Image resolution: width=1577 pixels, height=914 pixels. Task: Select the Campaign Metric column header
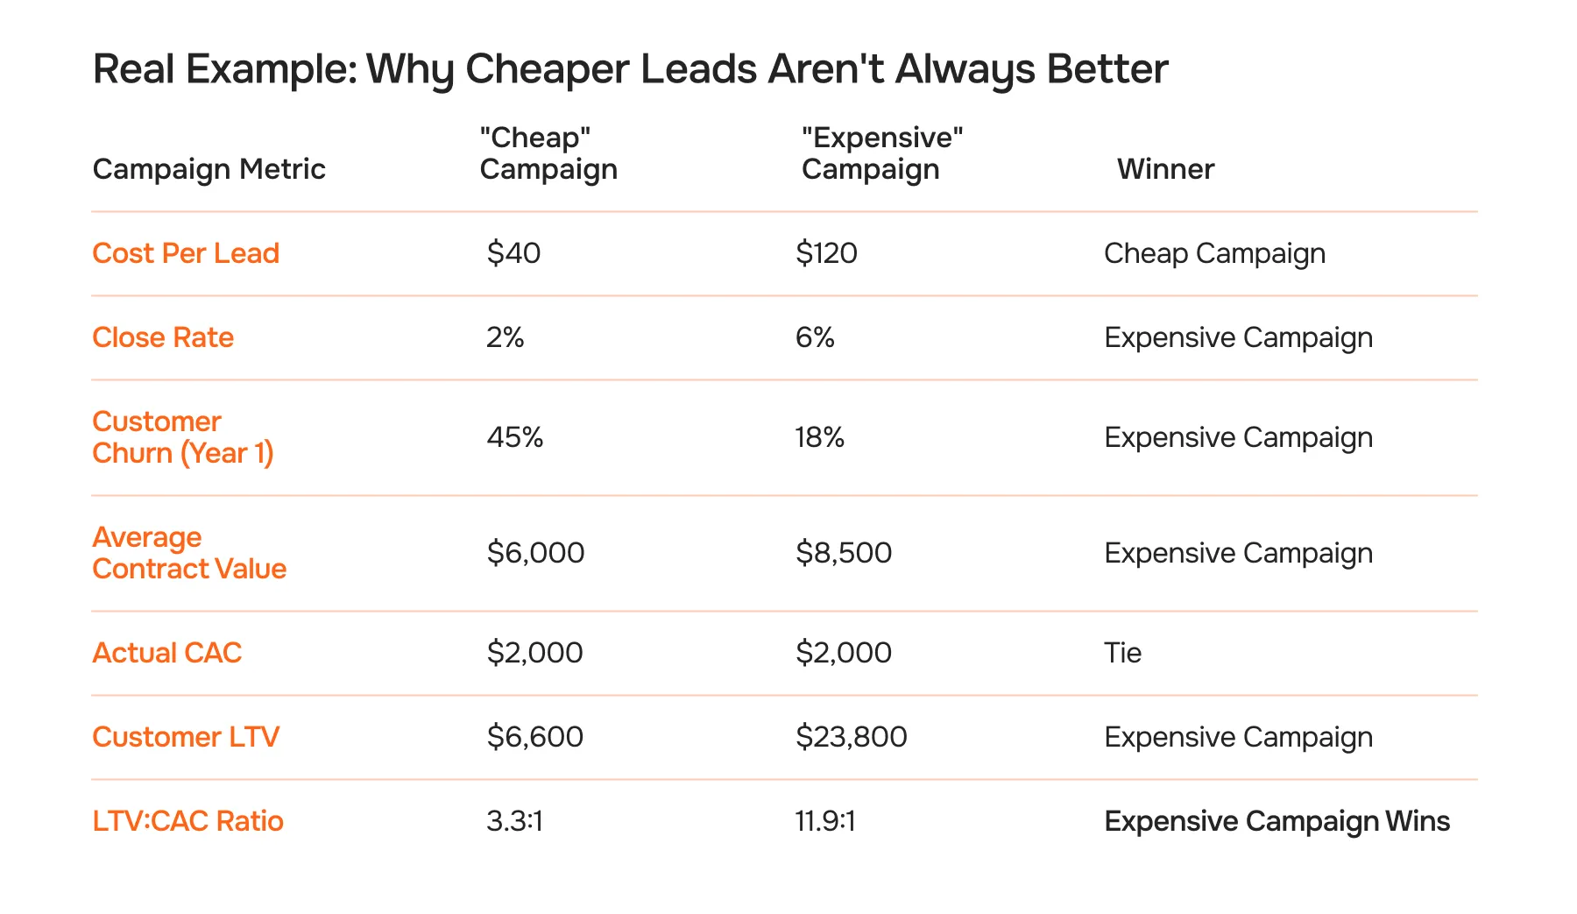209,169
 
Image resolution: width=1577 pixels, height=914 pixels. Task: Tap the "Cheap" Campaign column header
548,153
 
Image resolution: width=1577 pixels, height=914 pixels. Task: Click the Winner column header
1165,169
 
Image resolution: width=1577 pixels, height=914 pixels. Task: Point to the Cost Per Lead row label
186,253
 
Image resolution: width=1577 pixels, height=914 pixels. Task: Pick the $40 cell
513,253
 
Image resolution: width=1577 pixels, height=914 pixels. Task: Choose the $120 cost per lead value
826,253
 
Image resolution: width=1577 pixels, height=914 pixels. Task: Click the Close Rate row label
163,337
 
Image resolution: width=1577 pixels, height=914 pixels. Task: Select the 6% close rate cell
815,337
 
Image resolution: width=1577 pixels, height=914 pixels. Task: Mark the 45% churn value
515,437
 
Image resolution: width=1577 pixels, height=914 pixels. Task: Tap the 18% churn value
819,437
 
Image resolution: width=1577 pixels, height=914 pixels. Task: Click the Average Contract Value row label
189,553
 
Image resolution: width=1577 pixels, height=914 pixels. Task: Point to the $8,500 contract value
844,553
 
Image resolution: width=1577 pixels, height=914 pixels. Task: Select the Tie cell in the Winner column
1122,653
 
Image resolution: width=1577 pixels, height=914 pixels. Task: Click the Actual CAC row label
166,653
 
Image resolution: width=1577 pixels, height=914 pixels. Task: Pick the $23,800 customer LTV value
851,737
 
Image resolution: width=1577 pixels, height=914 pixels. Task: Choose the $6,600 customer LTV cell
534,737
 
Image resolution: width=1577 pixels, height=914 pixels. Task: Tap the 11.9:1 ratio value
824,821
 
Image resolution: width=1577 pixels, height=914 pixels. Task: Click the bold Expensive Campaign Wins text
1276,821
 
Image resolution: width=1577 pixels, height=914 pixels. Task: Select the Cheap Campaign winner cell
1214,253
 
